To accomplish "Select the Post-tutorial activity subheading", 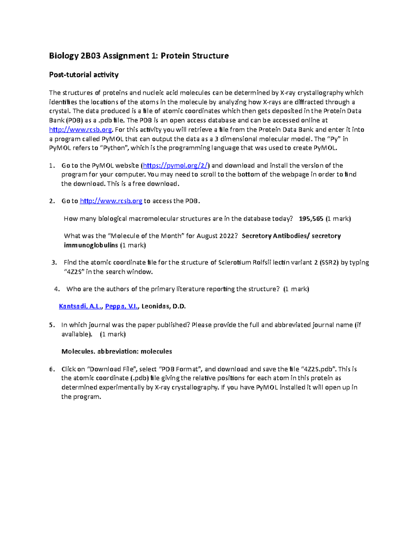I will [x=84, y=75].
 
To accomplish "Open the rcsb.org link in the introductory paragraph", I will [x=80, y=130].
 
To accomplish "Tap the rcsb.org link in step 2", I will [x=111, y=201].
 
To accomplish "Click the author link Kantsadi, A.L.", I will [x=80, y=307].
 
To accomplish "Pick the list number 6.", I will [x=52, y=369].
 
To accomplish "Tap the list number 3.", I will [x=54, y=263].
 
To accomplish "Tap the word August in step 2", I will [x=208, y=236].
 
